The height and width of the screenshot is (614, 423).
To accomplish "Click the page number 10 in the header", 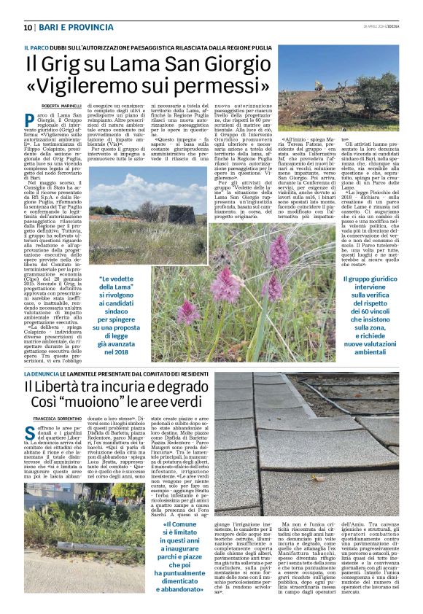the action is point(27,27).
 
